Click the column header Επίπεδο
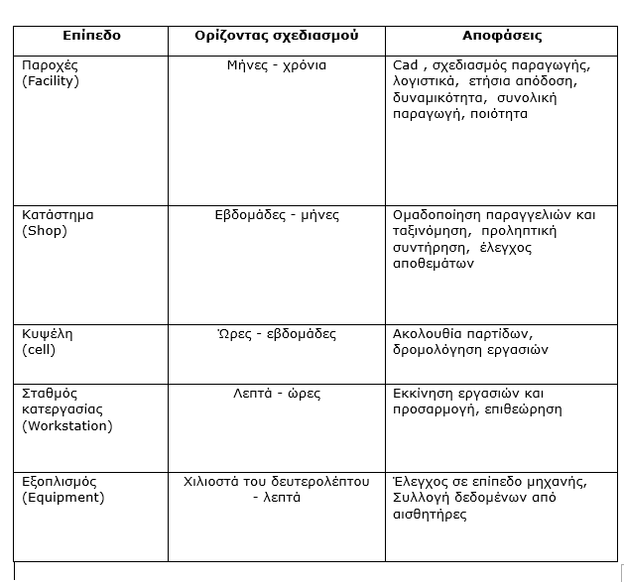pos(91,36)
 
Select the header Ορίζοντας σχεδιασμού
pos(276,36)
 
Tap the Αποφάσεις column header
pos(502,36)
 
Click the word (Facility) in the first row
pos(51,81)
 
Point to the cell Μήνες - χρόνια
pos(276,65)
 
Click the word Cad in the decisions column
pos(406,65)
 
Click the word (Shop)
pos(44,231)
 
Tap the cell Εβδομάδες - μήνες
pos(277,215)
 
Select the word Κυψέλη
pos(47,333)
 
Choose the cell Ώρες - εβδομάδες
pos(277,333)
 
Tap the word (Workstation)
pos(66,425)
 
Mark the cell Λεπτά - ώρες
pos(277,394)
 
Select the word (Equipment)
pos(62,498)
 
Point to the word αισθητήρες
pos(430,515)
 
